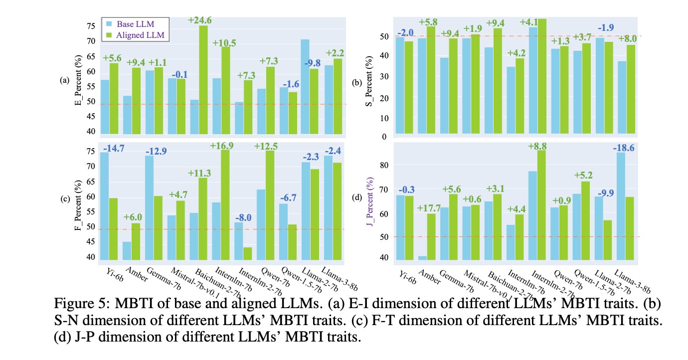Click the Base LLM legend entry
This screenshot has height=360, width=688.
[x=135, y=23]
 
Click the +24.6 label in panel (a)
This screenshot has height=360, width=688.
[x=200, y=20]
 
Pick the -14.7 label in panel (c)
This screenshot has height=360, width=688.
[x=113, y=148]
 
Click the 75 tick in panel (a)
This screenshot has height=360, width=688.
[x=92, y=26]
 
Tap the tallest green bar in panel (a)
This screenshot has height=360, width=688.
[x=203, y=80]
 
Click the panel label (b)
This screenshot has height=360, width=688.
[x=357, y=83]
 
